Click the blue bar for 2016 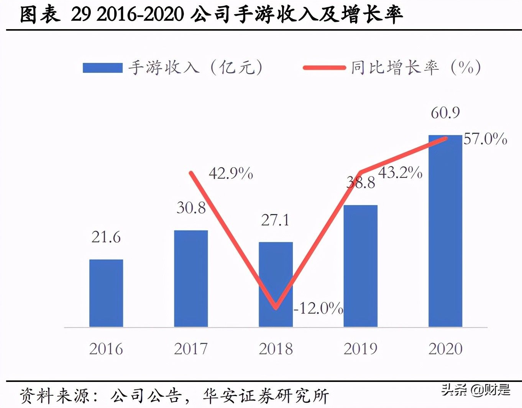pos(106,293)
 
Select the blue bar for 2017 pos(191,279)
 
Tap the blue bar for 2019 pos(360,266)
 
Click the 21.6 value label pos(106,237)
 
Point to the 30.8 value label pos(191,208)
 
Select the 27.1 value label pos(275,220)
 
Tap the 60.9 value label pos(445,113)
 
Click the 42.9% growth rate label pos(231,174)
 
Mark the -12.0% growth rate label pos(318,308)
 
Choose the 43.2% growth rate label pos(400,173)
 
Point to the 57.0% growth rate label pos(485,139)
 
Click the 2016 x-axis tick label pos(106,349)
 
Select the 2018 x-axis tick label pos(276,349)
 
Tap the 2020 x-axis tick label pos(445,349)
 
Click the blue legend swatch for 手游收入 pos(103,68)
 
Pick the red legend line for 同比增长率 pos(324,68)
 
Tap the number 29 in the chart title pos(81,15)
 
